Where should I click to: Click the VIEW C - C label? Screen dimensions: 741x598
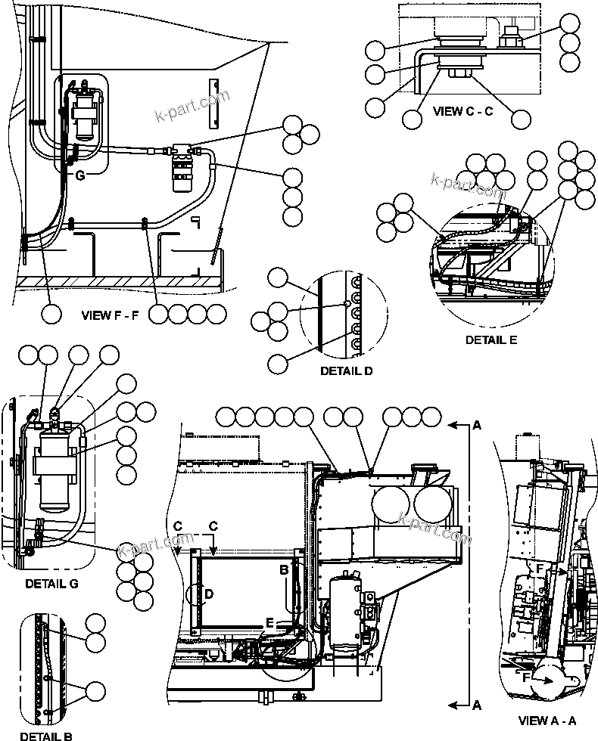(463, 111)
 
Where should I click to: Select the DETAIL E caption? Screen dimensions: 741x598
(491, 339)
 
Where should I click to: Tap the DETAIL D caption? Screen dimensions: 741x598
(346, 370)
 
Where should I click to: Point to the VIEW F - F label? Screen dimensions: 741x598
(111, 315)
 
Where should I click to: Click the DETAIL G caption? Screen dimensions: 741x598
(51, 583)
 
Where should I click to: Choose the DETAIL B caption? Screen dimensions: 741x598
(45, 735)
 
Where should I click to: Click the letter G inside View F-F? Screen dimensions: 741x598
(79, 175)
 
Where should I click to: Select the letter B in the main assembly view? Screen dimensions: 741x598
(285, 571)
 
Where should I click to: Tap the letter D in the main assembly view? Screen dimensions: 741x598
(207, 594)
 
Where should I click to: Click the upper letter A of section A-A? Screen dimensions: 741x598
(476, 426)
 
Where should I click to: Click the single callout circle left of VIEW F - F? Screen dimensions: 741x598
(51, 315)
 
